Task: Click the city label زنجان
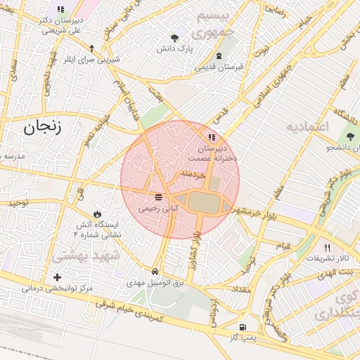point(42,127)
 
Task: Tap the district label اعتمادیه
point(308,126)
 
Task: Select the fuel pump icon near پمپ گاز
point(243,327)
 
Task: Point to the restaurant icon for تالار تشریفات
point(327,247)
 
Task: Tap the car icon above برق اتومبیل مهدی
point(154,271)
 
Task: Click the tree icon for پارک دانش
point(175,36)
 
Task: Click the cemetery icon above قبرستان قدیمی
point(220,56)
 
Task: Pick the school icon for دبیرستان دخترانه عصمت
point(211,137)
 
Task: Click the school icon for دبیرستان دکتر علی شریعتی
point(60,10)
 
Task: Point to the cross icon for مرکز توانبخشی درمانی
point(57,278)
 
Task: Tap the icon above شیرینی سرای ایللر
point(92,48)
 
